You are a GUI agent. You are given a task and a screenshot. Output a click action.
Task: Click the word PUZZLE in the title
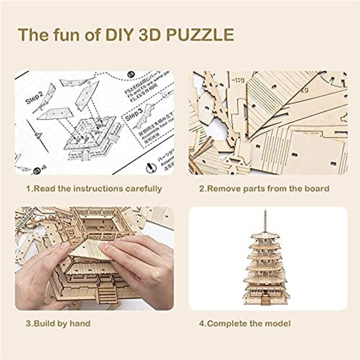(x=199, y=34)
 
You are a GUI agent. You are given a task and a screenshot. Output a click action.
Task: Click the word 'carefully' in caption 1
(x=142, y=189)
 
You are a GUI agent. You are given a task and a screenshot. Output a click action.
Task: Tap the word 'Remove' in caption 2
(x=226, y=189)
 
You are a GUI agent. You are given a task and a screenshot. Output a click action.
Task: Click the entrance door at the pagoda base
(x=266, y=301)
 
